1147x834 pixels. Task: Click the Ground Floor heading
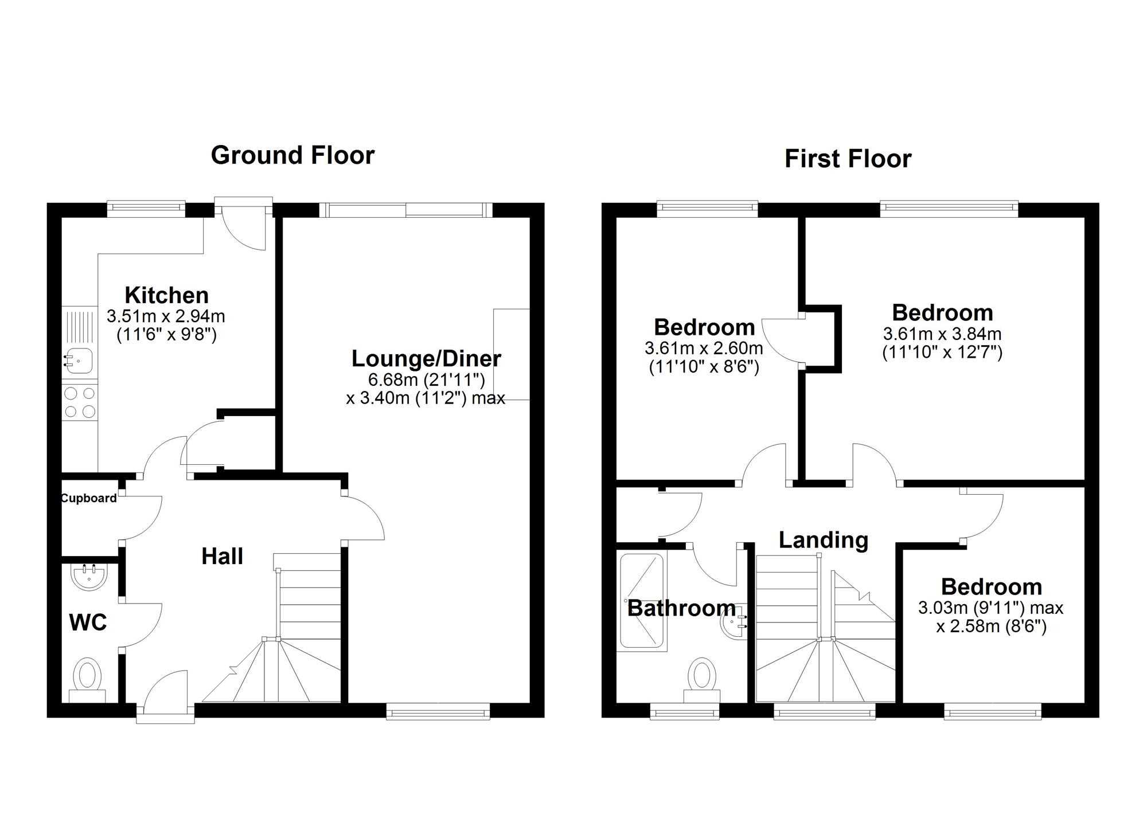point(292,155)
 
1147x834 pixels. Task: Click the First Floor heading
point(848,159)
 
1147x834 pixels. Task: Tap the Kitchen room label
point(166,295)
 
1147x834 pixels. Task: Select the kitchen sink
point(78,361)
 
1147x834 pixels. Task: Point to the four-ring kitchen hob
point(80,402)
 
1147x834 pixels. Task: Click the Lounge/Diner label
point(426,359)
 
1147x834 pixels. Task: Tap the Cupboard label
point(89,498)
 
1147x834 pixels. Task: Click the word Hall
point(222,556)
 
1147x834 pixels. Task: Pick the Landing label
point(823,540)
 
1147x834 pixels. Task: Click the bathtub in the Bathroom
point(642,601)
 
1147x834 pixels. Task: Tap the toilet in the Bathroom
point(701,680)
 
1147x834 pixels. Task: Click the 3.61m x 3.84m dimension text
point(942,334)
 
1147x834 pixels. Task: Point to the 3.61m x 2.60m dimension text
point(704,348)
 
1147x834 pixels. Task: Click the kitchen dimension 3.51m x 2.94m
point(166,316)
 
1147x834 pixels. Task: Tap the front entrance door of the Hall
point(165,694)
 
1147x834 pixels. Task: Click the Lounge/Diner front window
point(438,711)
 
